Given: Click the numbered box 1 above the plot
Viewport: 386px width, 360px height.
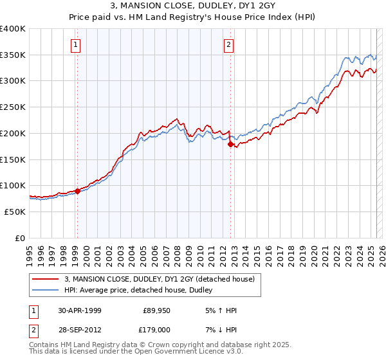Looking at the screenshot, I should point(77,44).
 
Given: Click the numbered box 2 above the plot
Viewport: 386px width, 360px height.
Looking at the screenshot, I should point(229,44).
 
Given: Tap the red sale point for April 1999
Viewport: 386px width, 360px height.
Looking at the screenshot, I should point(77,190).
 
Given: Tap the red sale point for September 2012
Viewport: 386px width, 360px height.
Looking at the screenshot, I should point(230,144).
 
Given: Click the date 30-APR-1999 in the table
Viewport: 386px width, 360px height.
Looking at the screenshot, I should point(79,310).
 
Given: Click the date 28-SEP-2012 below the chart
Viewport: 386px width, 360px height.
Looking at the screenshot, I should point(79,329).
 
